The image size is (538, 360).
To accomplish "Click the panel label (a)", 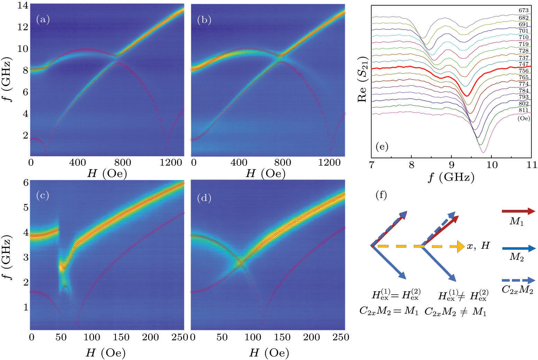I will (43, 20).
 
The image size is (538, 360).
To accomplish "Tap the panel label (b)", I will (204, 20).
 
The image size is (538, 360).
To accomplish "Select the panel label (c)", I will (43, 196).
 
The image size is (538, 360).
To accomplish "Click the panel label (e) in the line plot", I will (382, 147).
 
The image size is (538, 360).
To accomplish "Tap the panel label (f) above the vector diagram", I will (381, 195).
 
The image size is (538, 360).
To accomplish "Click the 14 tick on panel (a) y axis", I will (21, 6).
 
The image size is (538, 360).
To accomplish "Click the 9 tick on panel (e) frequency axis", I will (452, 164).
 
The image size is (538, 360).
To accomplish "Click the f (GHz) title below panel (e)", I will (451, 177).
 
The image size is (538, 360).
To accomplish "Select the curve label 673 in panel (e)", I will (523, 11).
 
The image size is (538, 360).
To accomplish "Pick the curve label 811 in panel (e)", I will (523, 110).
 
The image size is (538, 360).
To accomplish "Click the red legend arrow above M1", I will (518, 211).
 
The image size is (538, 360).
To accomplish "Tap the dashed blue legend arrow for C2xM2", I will (518, 280).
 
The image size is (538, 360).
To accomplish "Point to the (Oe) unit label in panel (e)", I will (524, 118).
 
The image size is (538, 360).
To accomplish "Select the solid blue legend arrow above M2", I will (518, 248).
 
